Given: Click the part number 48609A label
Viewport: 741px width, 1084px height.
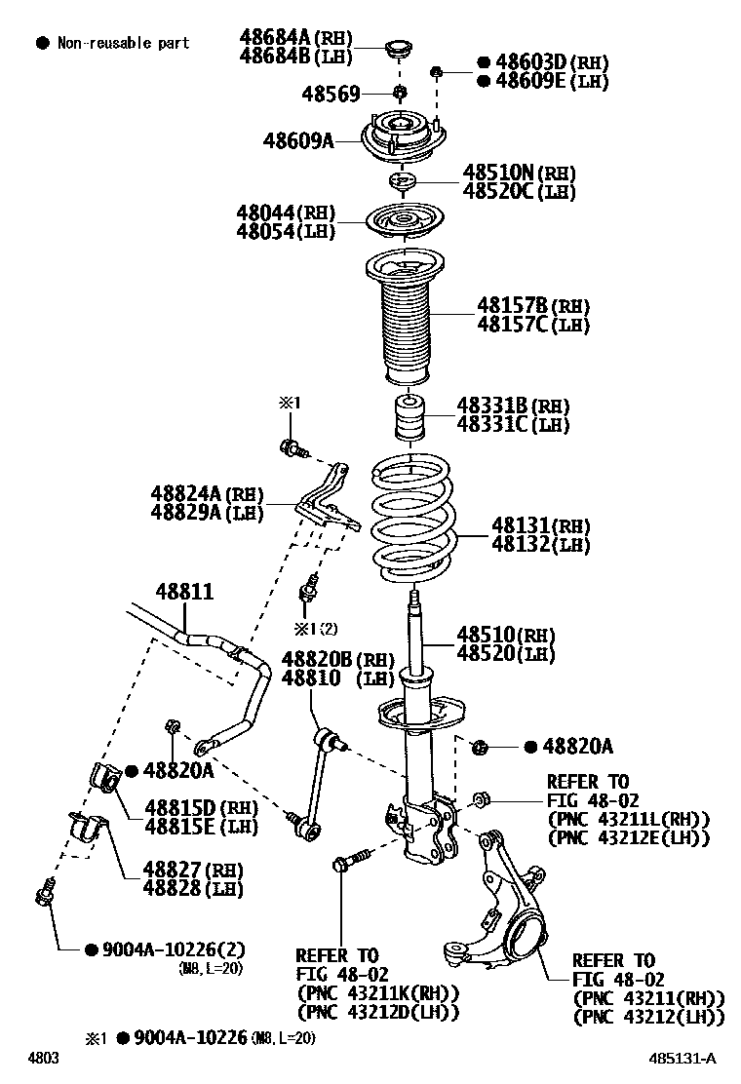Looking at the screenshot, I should tap(297, 140).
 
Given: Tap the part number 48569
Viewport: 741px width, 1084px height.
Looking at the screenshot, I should tap(331, 94).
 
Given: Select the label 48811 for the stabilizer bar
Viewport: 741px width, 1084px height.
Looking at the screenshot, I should tap(184, 592).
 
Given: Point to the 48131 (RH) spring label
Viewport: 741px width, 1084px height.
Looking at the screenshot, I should tap(540, 525).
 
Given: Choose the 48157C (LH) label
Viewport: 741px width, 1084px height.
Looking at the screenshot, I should tap(532, 325).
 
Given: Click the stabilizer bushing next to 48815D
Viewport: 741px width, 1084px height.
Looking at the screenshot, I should tap(103, 777).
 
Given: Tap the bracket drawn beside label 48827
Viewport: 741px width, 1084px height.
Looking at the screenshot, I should tap(86, 831).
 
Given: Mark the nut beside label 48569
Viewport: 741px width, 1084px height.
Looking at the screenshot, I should tap(400, 93).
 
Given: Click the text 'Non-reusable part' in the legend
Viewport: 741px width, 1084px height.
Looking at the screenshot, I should tap(123, 43).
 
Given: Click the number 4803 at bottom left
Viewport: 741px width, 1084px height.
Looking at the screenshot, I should tap(42, 1059).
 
